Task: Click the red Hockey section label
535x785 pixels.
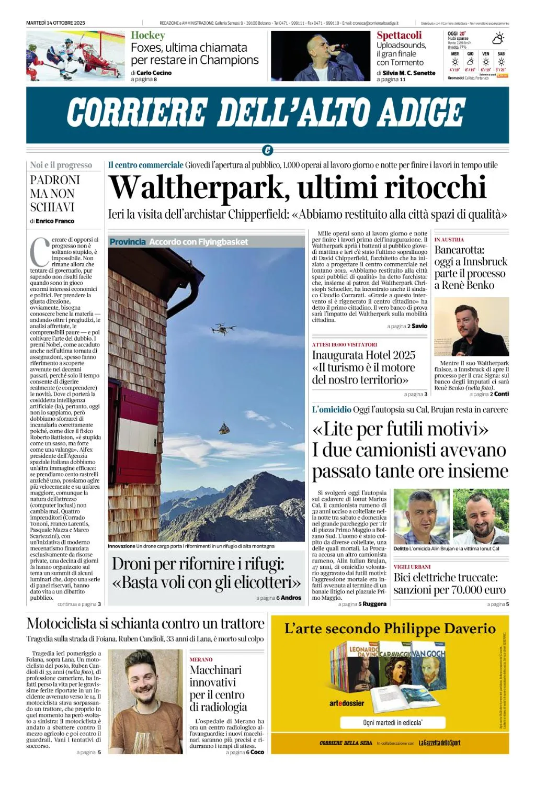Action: point(148,36)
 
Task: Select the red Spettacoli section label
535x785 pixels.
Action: point(399,36)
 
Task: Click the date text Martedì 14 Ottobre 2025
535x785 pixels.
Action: point(55,23)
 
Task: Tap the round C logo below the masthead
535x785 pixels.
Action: point(267,151)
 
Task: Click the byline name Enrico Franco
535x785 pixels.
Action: point(55,221)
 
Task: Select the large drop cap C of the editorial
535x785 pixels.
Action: point(40,252)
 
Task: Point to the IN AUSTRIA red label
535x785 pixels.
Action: point(449,240)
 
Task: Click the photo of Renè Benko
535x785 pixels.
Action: point(471,327)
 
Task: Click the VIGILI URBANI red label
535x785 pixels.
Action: point(412,567)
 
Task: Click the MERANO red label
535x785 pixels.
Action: point(201,659)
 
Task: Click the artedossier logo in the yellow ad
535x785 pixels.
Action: point(346,703)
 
